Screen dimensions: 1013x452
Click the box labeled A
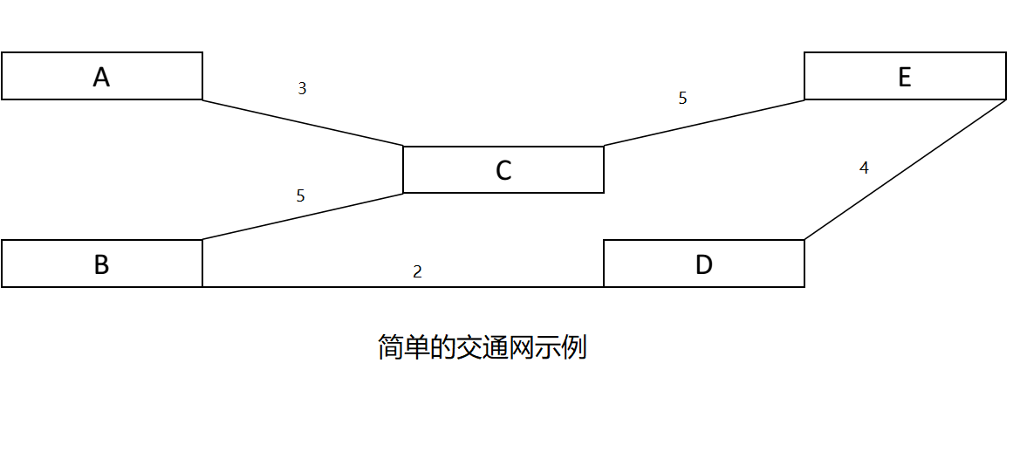102,76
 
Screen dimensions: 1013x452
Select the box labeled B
102,264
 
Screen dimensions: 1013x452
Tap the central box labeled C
503,170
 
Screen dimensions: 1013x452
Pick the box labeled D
704,264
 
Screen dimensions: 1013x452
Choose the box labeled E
905,76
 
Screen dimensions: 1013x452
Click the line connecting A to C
303,123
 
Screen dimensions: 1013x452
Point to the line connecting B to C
303,216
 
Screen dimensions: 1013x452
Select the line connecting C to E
704,123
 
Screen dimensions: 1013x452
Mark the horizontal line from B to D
403,286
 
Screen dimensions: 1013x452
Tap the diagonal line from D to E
905,170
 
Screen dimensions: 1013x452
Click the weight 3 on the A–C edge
302,88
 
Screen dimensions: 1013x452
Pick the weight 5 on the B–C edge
301,195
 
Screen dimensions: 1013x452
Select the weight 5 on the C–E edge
682,98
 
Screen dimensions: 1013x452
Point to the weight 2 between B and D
417,271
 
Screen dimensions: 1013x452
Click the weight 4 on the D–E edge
864,168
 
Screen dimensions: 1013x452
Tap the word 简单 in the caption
404,347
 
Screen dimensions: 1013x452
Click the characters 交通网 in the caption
495,347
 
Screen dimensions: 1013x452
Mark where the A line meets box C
403,147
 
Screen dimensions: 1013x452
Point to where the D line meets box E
1005,100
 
